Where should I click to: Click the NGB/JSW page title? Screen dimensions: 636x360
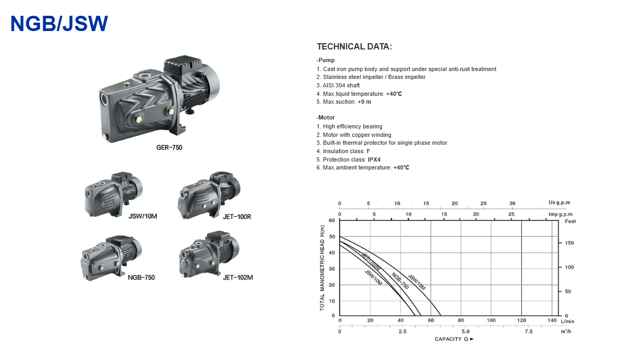click(59, 24)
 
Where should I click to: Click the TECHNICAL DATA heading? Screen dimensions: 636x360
click(355, 47)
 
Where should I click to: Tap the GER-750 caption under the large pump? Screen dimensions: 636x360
click(169, 147)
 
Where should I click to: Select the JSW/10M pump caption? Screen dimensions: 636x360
click(143, 216)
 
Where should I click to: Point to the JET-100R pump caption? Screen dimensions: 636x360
click(237, 217)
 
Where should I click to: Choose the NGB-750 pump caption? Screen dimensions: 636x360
click(141, 277)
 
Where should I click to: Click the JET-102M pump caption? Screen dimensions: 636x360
click(238, 277)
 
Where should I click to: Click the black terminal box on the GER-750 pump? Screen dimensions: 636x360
click(183, 66)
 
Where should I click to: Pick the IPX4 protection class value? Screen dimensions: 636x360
click(374, 159)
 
